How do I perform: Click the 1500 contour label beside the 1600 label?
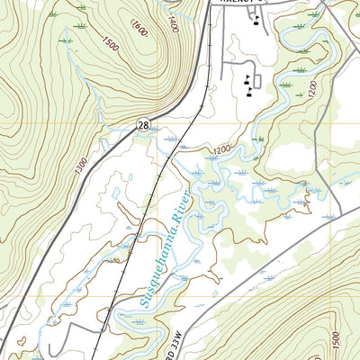tap(110, 43)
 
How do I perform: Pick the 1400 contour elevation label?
tap(173, 24)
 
